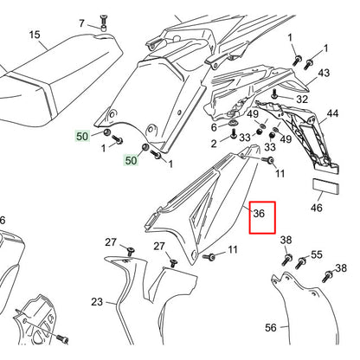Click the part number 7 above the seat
[x=81, y=23]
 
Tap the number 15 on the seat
[x=35, y=35]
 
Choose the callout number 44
[x=331, y=113]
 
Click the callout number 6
[x=214, y=127]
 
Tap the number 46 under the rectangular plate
[x=316, y=209]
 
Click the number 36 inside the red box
[x=258, y=211]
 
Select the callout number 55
[x=317, y=255]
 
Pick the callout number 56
[x=271, y=328]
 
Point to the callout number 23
[x=97, y=302]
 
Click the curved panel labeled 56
[x=299, y=312]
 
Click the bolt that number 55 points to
[x=300, y=260]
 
